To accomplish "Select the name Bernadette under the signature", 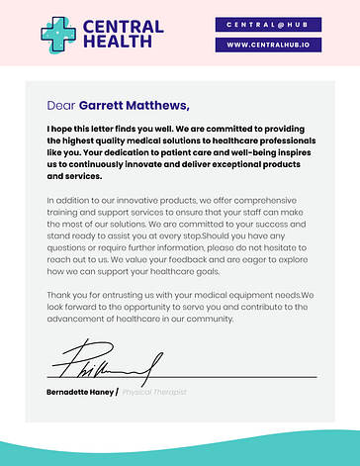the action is pos(69,392).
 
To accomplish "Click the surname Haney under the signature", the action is pos(104,392).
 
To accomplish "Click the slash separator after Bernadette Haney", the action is pos(117,392).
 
